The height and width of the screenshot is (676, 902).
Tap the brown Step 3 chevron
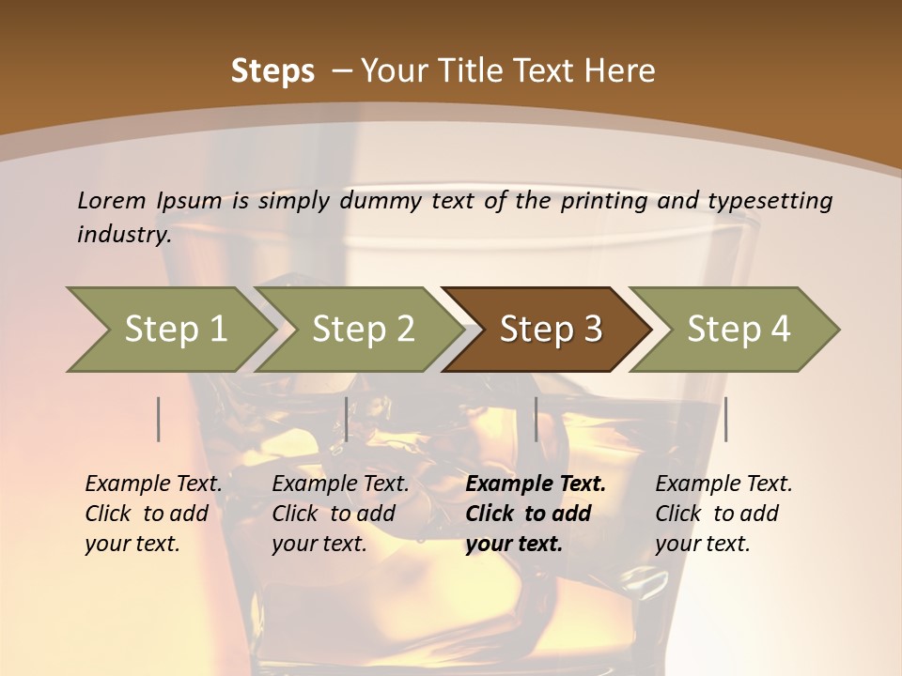click(x=551, y=329)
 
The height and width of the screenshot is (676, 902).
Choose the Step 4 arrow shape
click(x=739, y=329)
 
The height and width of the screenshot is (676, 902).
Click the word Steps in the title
click(x=272, y=70)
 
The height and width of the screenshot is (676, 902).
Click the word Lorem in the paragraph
click(x=112, y=200)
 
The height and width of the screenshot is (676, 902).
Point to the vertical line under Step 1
click(x=159, y=419)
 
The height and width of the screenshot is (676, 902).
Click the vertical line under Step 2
click(x=347, y=419)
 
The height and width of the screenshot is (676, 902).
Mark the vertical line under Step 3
click(x=537, y=419)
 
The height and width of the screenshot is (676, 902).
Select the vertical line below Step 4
click(x=726, y=419)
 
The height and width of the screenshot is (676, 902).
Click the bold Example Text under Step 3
click(x=536, y=484)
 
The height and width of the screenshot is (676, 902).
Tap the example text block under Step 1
click(x=153, y=514)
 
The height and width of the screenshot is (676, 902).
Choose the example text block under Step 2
click(x=340, y=514)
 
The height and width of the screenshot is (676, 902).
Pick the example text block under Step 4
click(x=723, y=514)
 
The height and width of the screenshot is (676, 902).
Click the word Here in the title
click(x=619, y=70)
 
